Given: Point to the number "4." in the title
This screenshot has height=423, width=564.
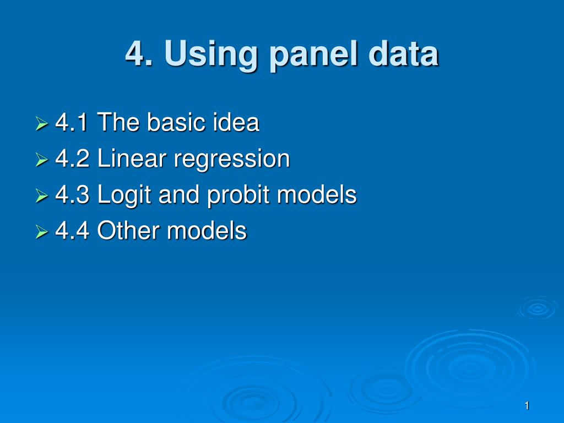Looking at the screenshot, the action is [139, 53].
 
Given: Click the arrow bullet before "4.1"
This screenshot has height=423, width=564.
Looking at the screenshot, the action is [42, 123].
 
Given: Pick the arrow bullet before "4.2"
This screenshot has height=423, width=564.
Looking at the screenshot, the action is [42, 159].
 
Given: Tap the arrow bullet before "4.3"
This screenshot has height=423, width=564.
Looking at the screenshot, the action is [42, 196].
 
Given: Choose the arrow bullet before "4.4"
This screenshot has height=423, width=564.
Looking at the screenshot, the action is [42, 232].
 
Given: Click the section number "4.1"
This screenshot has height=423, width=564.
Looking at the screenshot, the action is [72, 122].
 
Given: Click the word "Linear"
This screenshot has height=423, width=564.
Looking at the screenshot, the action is [131, 158].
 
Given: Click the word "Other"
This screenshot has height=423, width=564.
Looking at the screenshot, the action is [128, 230].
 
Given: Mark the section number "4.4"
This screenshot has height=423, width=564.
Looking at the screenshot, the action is [72, 230].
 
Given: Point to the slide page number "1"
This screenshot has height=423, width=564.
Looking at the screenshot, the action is [527, 406].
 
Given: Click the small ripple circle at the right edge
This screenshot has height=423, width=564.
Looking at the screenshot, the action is [538, 308].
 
